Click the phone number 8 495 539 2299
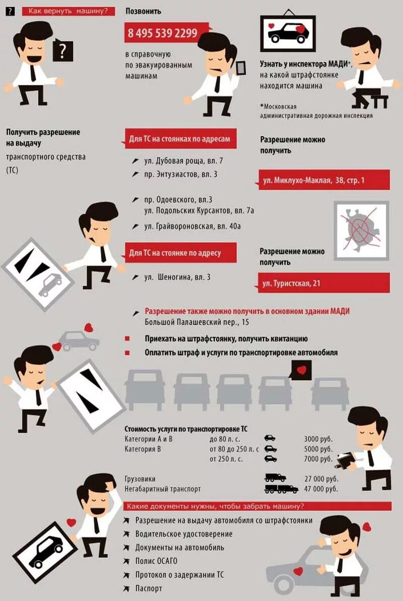(162, 34)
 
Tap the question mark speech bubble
(62, 50)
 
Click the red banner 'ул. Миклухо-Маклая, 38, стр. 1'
(323, 180)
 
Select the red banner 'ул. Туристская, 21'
(323, 283)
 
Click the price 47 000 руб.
(321, 489)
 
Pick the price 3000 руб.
(318, 439)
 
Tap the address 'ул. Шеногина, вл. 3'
(177, 277)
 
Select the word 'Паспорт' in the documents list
(149, 588)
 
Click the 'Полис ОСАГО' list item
(156, 561)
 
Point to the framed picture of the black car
(288, 33)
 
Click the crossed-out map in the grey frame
(361, 230)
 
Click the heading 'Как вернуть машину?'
(68, 11)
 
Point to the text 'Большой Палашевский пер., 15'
(196, 322)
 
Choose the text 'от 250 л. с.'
(226, 459)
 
